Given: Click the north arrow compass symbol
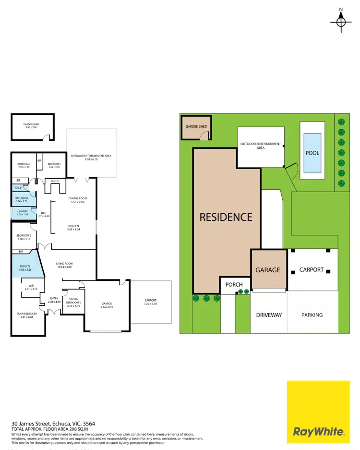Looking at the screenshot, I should click(x=341, y=20).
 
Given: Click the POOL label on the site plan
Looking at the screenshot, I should click(x=312, y=153).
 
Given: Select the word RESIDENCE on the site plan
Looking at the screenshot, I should click(x=226, y=217).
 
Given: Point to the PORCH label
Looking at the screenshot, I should click(x=234, y=284).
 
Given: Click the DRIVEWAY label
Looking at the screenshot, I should click(x=268, y=315).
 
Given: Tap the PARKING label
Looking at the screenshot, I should click(x=312, y=315).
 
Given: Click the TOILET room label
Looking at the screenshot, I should click(x=19, y=188).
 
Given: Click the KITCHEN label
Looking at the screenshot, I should click(x=73, y=226).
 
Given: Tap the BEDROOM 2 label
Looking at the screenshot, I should click(x=24, y=235).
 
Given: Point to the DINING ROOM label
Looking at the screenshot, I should click(x=78, y=198).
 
